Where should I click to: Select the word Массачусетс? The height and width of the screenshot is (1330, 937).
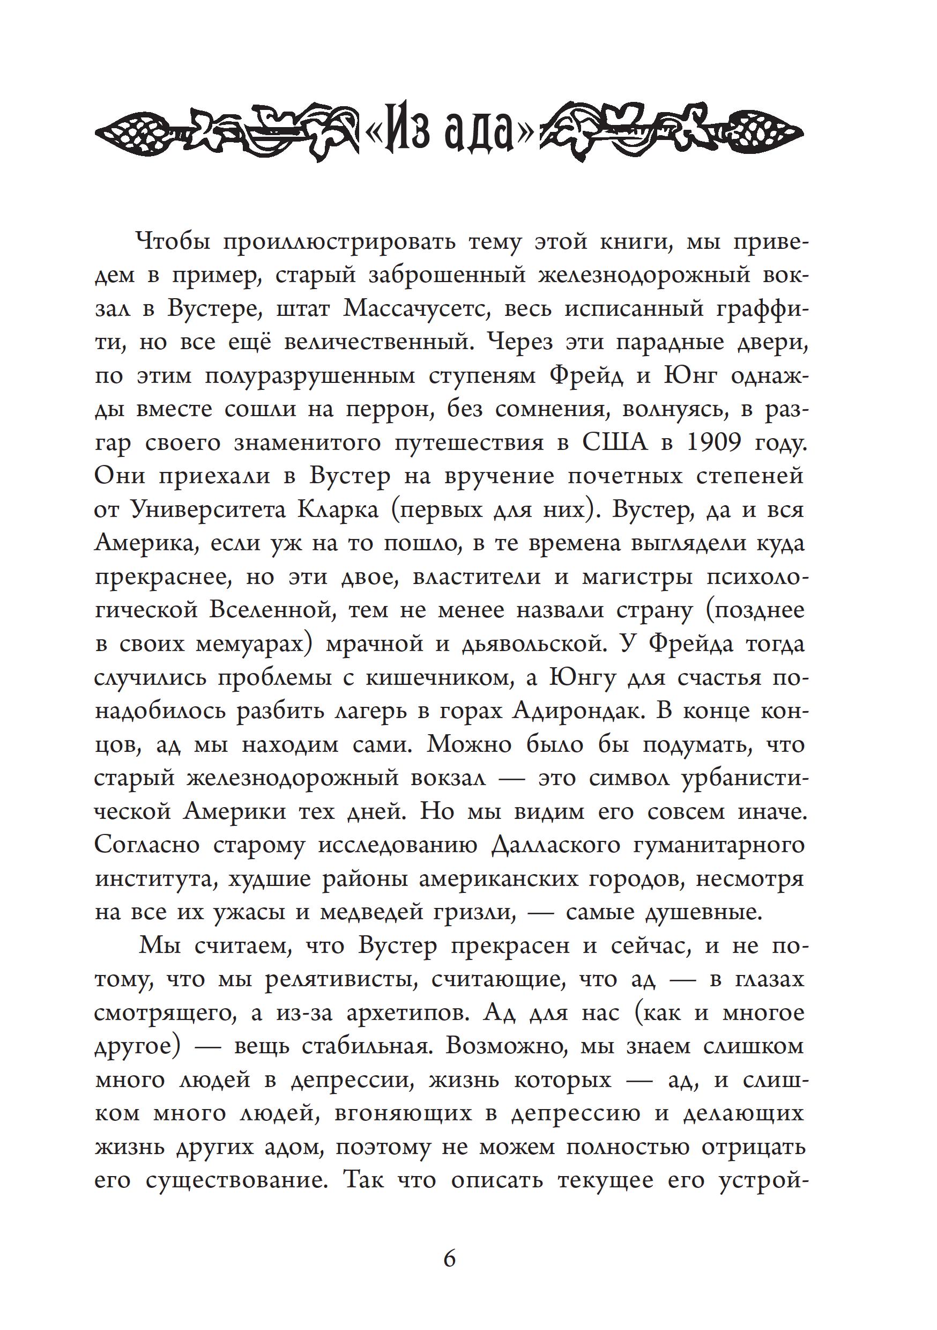417,309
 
